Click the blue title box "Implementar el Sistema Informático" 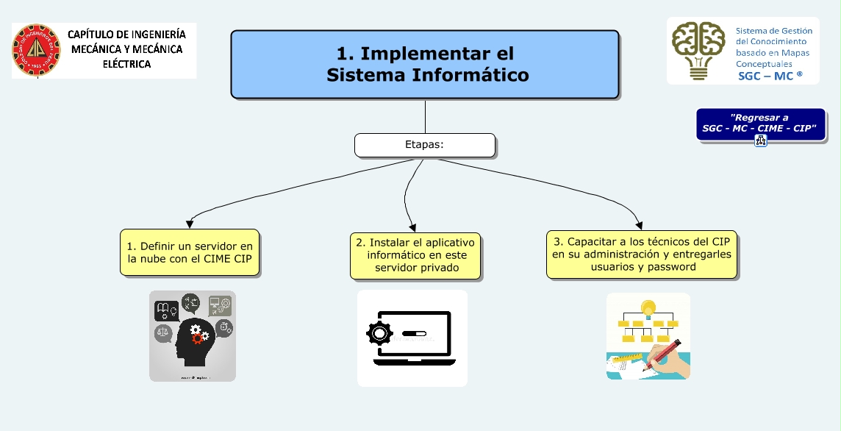click(425, 64)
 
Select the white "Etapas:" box click(425, 145)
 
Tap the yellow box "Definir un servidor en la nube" click(190, 252)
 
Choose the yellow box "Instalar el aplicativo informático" click(416, 254)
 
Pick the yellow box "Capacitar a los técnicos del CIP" click(643, 254)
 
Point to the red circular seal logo click(35, 51)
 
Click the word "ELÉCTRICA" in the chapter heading click(126, 64)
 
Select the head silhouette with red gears click(193, 335)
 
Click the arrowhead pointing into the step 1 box click(190, 224)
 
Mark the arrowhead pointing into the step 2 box click(413, 227)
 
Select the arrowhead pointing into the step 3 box click(639, 226)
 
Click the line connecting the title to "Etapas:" click(425, 116)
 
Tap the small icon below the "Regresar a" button click(760, 141)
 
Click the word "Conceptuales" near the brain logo click(765, 64)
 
